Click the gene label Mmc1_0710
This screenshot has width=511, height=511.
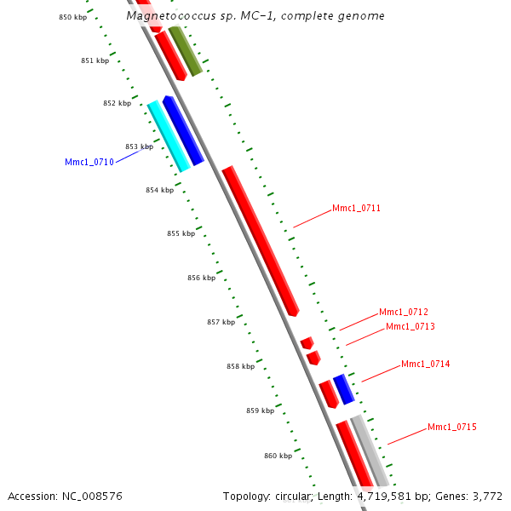(89, 162)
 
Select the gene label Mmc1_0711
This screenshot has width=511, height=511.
(356, 208)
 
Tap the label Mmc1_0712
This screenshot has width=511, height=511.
(404, 312)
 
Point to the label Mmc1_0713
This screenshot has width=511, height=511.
(411, 326)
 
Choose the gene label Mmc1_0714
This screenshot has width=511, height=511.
(426, 365)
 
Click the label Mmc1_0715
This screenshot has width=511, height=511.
(452, 427)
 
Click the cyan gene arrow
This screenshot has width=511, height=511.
(169, 136)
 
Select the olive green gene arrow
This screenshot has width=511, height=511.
(185, 51)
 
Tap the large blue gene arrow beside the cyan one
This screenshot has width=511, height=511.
(183, 129)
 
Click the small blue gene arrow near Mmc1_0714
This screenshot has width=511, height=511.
(343, 388)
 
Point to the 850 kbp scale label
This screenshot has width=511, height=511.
(72, 17)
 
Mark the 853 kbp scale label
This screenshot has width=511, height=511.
(139, 146)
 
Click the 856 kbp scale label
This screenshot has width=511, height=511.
(201, 278)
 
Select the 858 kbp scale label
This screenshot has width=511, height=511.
(240, 366)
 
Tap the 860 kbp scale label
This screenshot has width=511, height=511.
(278, 456)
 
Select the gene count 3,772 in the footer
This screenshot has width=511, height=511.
(487, 496)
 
